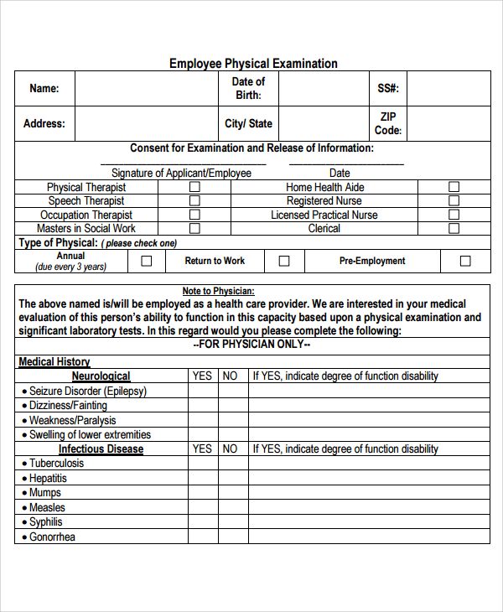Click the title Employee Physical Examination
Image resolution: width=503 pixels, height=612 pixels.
coord(253,64)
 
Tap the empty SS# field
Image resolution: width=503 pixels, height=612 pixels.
coord(449,89)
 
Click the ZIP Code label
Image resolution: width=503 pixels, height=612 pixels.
coord(387,123)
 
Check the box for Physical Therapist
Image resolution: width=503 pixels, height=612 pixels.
coord(194,188)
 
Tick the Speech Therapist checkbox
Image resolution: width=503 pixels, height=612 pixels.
coord(194,201)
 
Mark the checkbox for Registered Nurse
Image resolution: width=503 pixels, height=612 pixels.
coord(454,201)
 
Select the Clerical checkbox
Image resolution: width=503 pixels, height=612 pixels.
coord(454,228)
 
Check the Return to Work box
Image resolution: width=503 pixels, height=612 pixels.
coord(284,262)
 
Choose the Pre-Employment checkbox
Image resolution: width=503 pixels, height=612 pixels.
coord(465,262)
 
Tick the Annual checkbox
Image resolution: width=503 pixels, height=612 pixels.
coord(147,262)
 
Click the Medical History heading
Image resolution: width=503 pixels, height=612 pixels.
coord(54,362)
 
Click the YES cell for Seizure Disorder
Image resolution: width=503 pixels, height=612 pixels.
coord(202,392)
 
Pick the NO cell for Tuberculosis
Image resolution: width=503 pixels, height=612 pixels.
coord(230,464)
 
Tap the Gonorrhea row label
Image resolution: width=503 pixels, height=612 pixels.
coord(52,537)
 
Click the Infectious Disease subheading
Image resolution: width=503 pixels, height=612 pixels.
coord(101,449)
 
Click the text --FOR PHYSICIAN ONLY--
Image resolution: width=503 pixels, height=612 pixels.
coord(251,345)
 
